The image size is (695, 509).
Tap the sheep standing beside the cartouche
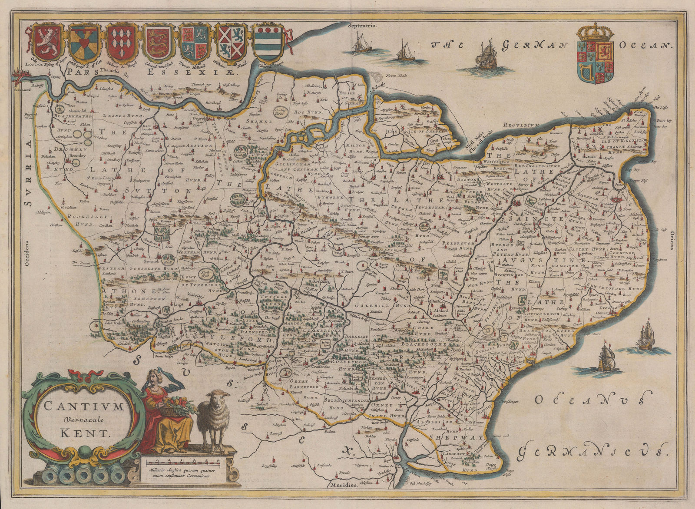(214, 417)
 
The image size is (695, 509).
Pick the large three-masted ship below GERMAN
(488, 55)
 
